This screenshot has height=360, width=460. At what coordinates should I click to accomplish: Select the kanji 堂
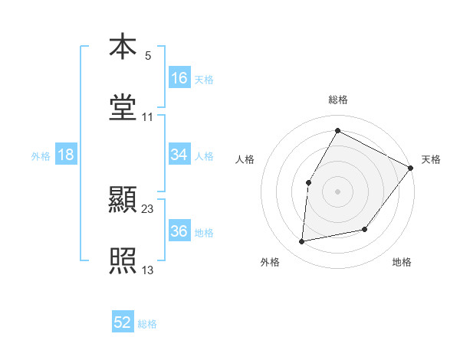pyautogui.click(x=123, y=106)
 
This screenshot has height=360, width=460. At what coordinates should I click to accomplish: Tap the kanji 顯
pyautogui.click(x=123, y=200)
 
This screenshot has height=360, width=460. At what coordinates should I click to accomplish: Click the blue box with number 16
pyautogui.click(x=179, y=77)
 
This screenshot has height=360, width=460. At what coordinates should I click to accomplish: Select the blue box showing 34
pyautogui.click(x=179, y=155)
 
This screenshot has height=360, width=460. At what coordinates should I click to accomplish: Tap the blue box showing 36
pyautogui.click(x=179, y=231)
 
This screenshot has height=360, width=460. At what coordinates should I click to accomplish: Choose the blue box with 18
pyautogui.click(x=66, y=155)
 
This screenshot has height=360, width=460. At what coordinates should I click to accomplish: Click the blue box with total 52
pyautogui.click(x=123, y=322)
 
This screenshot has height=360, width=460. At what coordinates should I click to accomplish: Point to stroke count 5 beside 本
pyautogui.click(x=148, y=55)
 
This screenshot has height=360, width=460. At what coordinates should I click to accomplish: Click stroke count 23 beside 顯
pyautogui.click(x=148, y=208)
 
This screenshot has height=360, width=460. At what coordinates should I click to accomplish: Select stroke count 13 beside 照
pyautogui.click(x=148, y=270)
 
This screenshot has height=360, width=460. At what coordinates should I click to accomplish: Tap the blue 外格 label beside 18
pyautogui.click(x=41, y=155)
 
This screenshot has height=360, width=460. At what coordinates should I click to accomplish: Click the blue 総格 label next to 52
pyautogui.click(x=147, y=323)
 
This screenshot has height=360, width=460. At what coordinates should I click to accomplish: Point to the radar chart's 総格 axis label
pyautogui.click(x=337, y=100)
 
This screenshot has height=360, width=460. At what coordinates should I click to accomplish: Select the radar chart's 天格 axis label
pyautogui.click(x=431, y=159)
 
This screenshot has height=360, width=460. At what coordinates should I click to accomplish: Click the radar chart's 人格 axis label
pyautogui.click(x=245, y=159)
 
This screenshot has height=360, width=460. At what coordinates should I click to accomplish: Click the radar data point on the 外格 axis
pyautogui.click(x=303, y=242)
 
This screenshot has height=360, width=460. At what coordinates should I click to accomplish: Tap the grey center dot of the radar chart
pyautogui.click(x=337, y=191)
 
